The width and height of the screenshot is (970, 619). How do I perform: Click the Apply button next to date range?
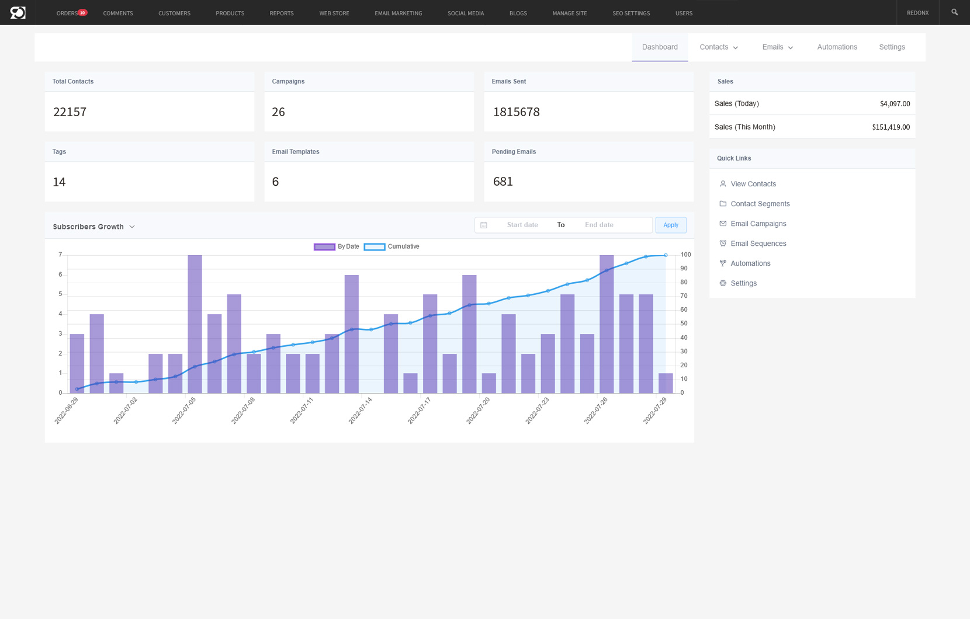(670, 225)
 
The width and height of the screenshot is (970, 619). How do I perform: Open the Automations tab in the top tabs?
(837, 47)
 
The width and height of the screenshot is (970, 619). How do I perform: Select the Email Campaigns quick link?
(758, 224)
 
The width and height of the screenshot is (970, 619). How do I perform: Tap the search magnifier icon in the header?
(954, 12)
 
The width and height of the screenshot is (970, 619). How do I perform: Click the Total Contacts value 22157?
(70, 112)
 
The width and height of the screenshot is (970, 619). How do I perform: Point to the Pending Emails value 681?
(503, 182)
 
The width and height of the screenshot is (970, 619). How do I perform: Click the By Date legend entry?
(337, 247)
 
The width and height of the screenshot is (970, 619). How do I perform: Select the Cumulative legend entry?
(392, 247)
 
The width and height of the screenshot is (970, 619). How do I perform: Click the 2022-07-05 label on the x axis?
(184, 411)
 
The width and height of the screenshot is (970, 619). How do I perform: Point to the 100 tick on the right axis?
(685, 255)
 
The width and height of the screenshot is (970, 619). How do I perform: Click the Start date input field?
(522, 225)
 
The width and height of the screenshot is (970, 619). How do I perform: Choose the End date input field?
(599, 225)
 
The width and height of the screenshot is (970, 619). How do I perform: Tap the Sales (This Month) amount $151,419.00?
(891, 127)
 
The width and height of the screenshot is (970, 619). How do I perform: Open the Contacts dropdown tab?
(719, 47)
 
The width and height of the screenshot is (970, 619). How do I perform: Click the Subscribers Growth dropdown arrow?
(132, 227)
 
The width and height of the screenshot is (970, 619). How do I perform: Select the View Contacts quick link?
(753, 184)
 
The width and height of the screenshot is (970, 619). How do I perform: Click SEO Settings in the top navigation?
(630, 13)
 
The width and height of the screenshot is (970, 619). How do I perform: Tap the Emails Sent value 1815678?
(516, 112)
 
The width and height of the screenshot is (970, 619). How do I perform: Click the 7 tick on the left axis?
(60, 255)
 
